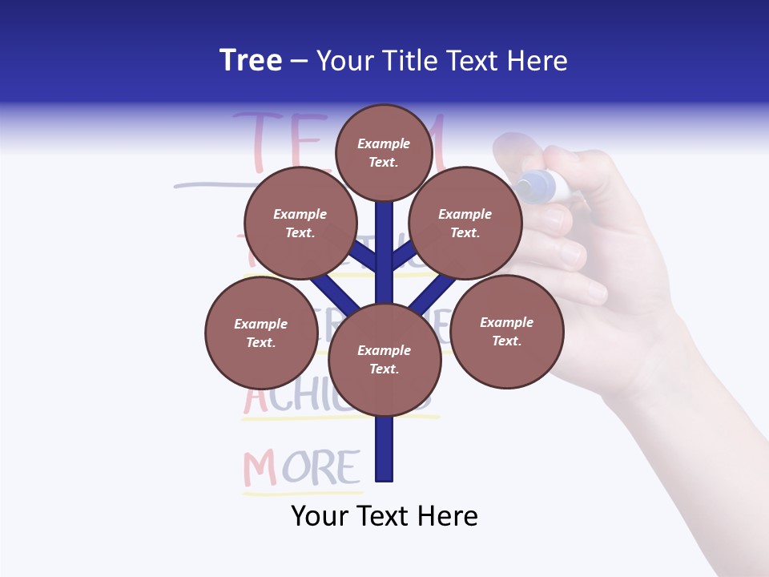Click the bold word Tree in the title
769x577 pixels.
pos(251,61)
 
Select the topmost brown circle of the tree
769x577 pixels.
pos(384,152)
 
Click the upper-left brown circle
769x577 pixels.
pos(300,224)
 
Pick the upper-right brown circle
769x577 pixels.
pos(465,224)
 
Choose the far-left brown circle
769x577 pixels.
pos(261,333)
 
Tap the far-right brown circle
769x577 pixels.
pos(506,331)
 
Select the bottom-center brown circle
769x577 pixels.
pos(384,360)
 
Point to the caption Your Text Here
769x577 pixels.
pos(384,516)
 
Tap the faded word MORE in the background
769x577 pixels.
pos(301,470)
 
